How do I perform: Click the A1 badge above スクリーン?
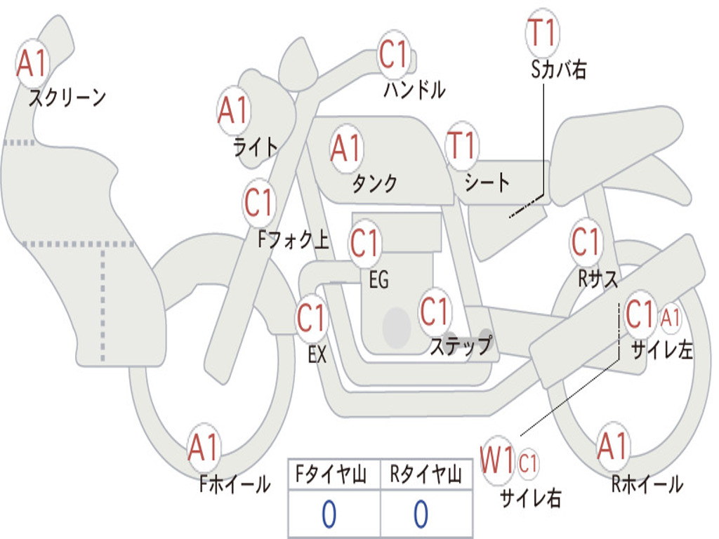[x=32, y=63]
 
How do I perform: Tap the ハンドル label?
[x=414, y=89]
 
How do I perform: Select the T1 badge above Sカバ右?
[x=543, y=33]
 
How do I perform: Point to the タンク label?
[x=375, y=183]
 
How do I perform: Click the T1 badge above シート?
[x=462, y=146]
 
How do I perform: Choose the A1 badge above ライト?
[x=234, y=110]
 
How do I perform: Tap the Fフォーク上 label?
[x=293, y=239]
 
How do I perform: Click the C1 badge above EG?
[x=365, y=242]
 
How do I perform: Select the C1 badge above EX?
[x=312, y=317]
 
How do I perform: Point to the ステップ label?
[x=461, y=345]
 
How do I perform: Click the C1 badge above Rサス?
[x=586, y=241]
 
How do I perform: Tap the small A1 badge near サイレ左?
[x=670, y=318]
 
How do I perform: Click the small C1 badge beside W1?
[x=527, y=463]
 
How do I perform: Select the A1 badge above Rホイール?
[x=613, y=446]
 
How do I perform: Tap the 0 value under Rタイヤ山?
[x=421, y=514]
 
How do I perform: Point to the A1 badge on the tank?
[x=346, y=149]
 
